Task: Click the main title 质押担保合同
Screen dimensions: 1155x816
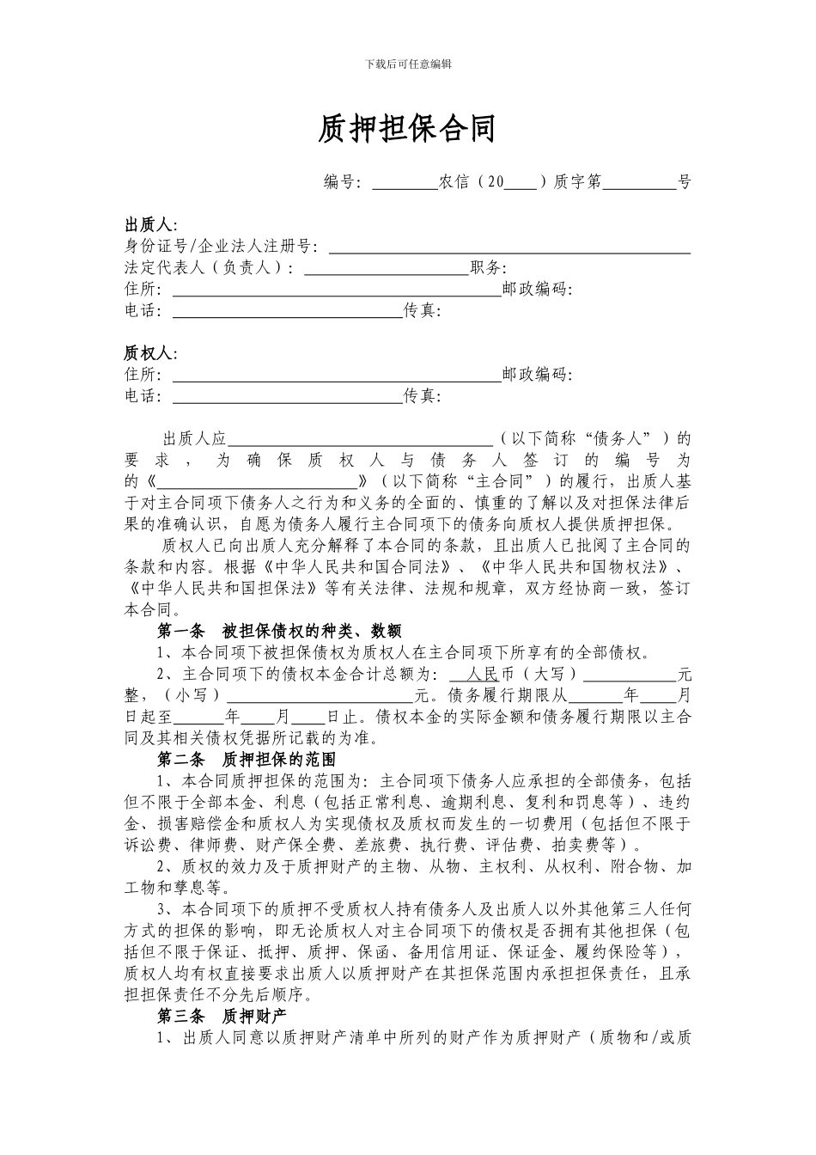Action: [407, 130]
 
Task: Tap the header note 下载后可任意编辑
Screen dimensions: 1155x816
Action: [408, 64]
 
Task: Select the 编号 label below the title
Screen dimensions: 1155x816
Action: [341, 181]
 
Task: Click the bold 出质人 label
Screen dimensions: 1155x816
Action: [149, 225]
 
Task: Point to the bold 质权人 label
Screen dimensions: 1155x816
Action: [149, 353]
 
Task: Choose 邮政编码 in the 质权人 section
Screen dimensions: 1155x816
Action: [535, 375]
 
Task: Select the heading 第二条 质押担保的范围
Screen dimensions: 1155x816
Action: [247, 760]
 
